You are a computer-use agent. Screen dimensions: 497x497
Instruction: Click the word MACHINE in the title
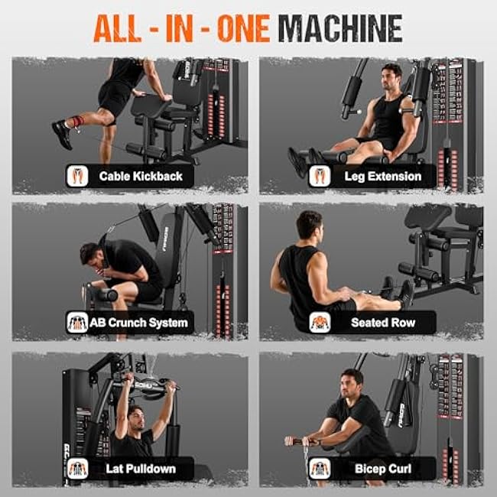click(340, 28)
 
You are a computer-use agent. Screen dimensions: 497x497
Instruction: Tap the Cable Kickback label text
click(141, 176)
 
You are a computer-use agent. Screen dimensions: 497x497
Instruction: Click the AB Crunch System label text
click(138, 322)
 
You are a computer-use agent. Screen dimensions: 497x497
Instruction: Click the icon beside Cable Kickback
click(76, 176)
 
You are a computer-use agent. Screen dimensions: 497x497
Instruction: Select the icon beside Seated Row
click(320, 322)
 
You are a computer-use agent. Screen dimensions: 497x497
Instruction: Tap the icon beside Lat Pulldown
click(76, 468)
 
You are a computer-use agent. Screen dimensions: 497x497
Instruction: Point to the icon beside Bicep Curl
click(320, 468)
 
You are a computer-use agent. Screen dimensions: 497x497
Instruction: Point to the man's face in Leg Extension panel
click(391, 79)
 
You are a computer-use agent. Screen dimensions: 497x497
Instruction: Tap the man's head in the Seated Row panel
click(310, 226)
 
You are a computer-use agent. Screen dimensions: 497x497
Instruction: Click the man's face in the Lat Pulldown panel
click(135, 419)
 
